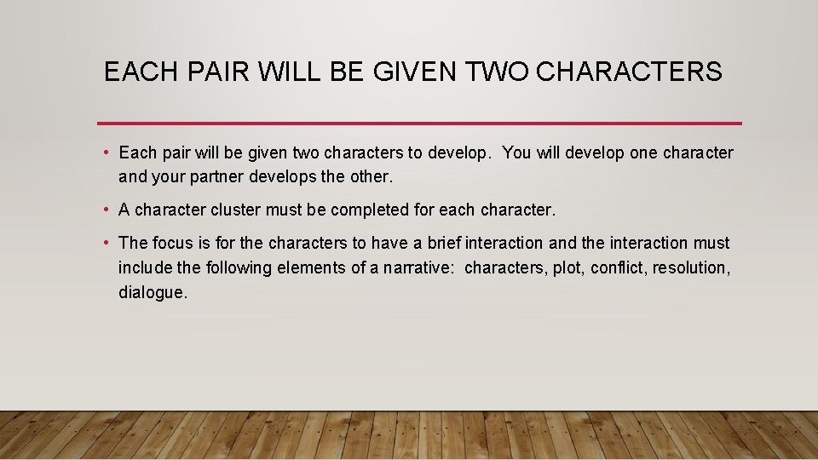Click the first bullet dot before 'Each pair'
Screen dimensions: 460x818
click(x=104, y=153)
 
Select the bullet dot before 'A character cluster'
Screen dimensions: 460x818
click(x=104, y=210)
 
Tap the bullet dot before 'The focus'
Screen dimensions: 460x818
click(x=104, y=243)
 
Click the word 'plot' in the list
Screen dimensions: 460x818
click(x=568, y=267)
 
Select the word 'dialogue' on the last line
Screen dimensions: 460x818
click(x=150, y=292)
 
